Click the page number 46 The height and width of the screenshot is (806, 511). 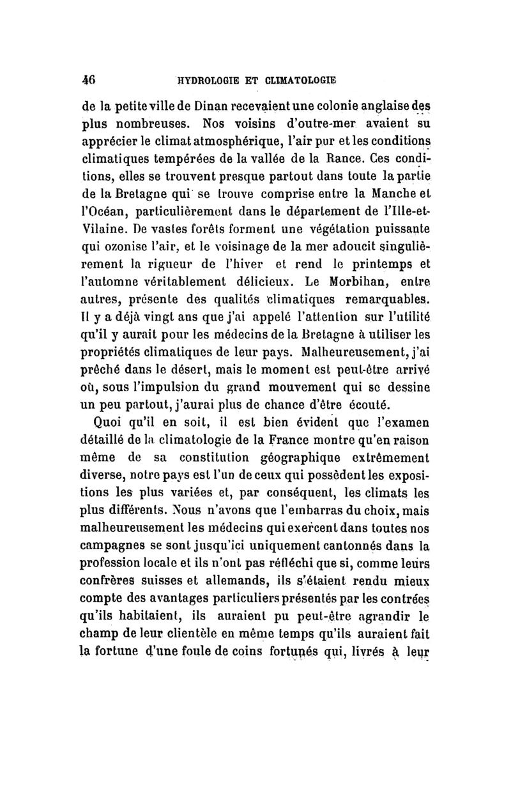click(x=87, y=81)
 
